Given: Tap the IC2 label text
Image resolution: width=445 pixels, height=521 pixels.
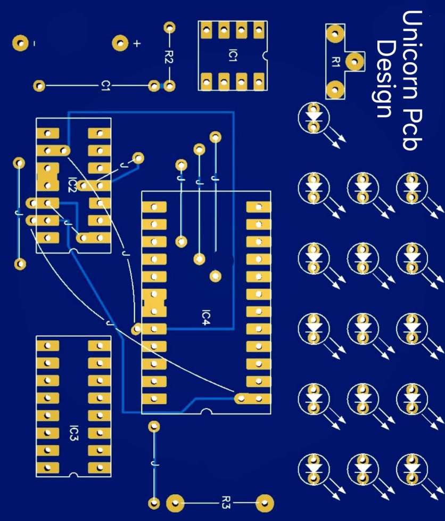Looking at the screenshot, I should (x=73, y=185).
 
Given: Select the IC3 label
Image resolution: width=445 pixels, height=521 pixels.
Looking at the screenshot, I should (x=73, y=433).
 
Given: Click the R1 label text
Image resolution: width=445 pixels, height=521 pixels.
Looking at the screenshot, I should (x=335, y=61).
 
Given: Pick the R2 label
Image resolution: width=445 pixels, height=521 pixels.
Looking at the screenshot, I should (x=169, y=56).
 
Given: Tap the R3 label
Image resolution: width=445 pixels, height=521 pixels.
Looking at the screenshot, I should (x=226, y=502).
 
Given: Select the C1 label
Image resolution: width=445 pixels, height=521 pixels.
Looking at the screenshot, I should (x=106, y=85).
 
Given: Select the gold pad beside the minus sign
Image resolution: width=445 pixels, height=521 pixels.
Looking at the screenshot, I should (x=21, y=43).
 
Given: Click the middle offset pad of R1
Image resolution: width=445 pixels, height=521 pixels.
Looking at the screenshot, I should (x=353, y=62).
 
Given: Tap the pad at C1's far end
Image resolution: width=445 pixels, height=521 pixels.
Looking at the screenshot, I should (x=39, y=85).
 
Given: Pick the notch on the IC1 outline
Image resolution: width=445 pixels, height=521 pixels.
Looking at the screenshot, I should (x=263, y=55).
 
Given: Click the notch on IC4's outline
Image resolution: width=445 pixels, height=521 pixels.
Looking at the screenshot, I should (x=206, y=411).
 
